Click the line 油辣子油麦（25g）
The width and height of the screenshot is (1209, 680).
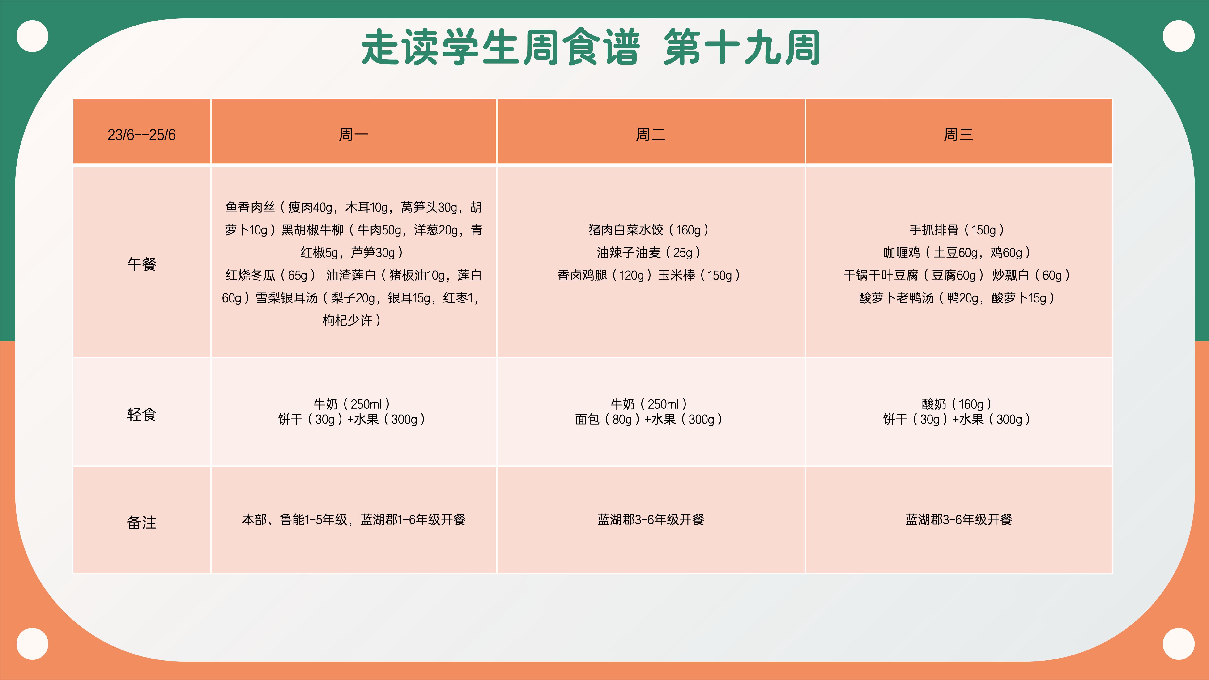[649, 252]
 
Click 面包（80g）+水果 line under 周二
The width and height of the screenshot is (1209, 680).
[649, 419]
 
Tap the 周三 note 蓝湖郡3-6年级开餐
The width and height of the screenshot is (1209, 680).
[958, 519]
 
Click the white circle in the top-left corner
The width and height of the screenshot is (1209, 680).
[32, 36]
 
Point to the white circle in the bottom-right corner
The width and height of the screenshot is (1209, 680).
[1179, 644]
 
